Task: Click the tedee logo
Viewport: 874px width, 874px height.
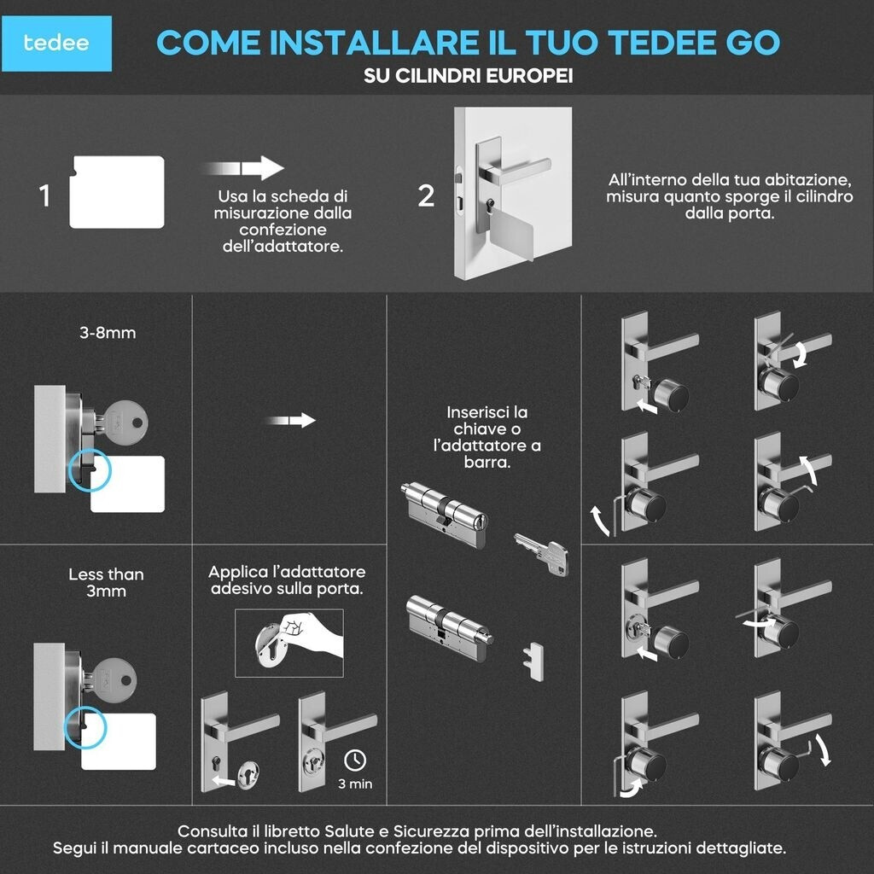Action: click(56, 44)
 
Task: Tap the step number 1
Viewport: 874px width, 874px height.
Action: click(44, 196)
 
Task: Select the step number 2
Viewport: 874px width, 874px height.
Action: click(426, 196)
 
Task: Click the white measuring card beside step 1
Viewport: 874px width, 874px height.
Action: click(116, 192)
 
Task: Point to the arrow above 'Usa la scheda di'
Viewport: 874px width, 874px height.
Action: click(245, 168)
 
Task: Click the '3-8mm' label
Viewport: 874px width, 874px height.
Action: click(108, 333)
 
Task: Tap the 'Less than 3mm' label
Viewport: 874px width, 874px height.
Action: click(106, 582)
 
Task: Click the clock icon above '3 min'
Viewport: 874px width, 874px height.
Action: click(355, 760)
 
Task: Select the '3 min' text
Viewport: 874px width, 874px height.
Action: click(355, 784)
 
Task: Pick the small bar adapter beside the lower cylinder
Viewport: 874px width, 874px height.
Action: click(533, 661)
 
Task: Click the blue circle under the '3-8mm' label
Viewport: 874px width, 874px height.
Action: click(90, 470)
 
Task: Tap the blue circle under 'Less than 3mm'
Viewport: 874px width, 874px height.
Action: click(84, 727)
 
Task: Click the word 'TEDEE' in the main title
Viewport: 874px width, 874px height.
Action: click(662, 43)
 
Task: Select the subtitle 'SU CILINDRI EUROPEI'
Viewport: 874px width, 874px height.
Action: click(469, 76)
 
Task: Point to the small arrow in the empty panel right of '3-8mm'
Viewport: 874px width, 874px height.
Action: click(291, 420)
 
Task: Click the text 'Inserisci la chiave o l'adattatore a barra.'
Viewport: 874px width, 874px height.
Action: click(487, 437)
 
